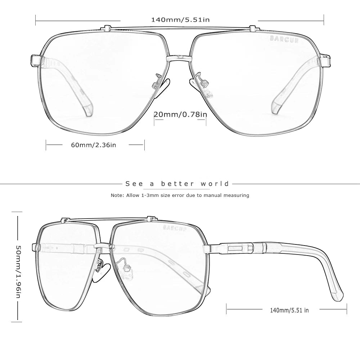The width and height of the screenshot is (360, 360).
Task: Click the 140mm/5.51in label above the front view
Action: [x=180, y=20]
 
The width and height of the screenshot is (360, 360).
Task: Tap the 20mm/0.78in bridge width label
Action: [x=180, y=114]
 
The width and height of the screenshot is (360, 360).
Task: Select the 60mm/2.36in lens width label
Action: [x=94, y=145]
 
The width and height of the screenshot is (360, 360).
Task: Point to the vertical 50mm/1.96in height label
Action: [x=19, y=271]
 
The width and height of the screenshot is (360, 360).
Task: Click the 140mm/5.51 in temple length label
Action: [x=289, y=310]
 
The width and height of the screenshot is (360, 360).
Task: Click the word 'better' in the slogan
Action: [x=177, y=184]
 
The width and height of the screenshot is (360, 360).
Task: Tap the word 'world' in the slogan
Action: [x=215, y=184]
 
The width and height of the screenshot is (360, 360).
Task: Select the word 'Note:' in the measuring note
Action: [x=117, y=195]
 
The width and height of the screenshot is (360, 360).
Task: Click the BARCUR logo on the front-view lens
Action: [x=284, y=39]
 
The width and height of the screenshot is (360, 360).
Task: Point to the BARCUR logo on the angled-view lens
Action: [x=175, y=228]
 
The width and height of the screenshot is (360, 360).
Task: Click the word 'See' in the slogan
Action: [x=134, y=184]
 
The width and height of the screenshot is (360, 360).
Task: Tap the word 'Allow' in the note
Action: [x=133, y=195]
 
